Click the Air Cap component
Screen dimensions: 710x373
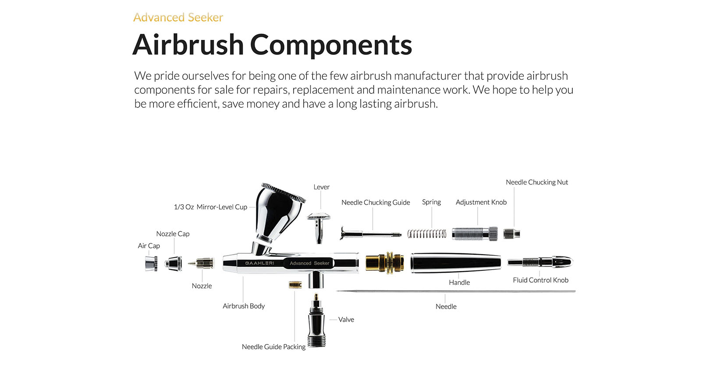[151, 263]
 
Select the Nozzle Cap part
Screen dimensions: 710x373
[174, 264]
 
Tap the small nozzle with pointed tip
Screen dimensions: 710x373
[201, 263]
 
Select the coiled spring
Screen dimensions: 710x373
[426, 234]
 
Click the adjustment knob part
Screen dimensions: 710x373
[475, 234]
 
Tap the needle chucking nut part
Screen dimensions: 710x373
[511, 234]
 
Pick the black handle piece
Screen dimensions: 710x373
[455, 263]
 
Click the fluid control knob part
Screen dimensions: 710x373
[540, 262]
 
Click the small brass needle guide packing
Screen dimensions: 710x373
[295, 284]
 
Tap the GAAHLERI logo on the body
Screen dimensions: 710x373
[259, 263]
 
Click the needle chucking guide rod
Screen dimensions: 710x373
[370, 234]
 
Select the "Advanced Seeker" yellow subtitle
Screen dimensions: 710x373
[178, 18]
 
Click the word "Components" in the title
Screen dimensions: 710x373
[331, 45]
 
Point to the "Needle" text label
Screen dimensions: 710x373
[446, 306]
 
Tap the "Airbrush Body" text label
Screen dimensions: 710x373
[244, 306]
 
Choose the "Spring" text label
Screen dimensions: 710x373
[431, 202]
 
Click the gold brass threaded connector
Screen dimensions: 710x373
[384, 263]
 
